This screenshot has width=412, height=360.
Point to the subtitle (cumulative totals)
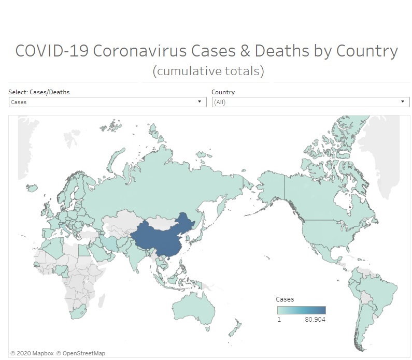[208, 70]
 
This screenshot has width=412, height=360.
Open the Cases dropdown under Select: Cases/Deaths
[107, 102]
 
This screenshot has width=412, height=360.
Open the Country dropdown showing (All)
[310, 102]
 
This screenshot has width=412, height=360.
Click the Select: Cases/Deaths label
[39, 92]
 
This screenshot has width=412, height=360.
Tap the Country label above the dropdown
[223, 92]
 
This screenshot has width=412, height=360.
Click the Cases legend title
[285, 299]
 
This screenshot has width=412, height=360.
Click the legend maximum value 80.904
[316, 319]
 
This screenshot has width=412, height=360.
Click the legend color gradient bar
[301, 310]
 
